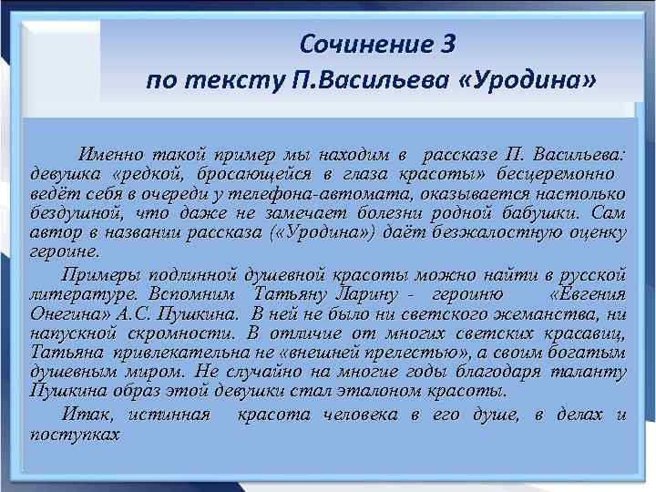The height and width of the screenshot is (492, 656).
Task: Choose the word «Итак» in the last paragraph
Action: (x=87, y=415)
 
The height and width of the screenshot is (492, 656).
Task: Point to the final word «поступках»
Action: (x=75, y=434)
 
